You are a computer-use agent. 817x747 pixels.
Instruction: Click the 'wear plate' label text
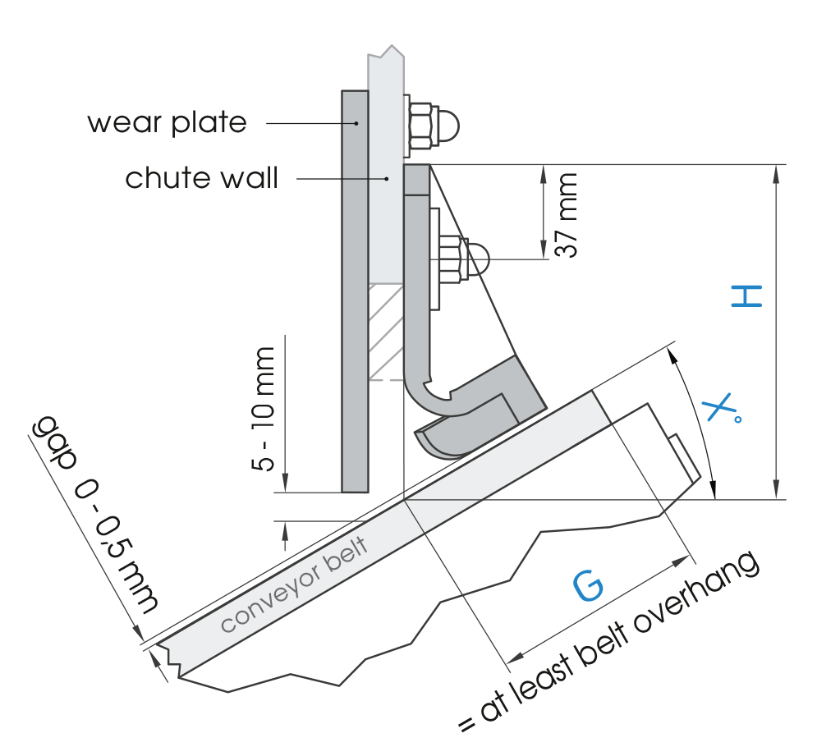167,123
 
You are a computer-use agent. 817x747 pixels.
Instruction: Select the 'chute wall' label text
201,178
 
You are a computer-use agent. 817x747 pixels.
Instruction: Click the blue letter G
588,585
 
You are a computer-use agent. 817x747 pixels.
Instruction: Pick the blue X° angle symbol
722,410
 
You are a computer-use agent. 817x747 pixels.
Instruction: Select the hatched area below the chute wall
385,332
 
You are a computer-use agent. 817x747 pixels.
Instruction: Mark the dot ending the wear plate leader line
356,123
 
